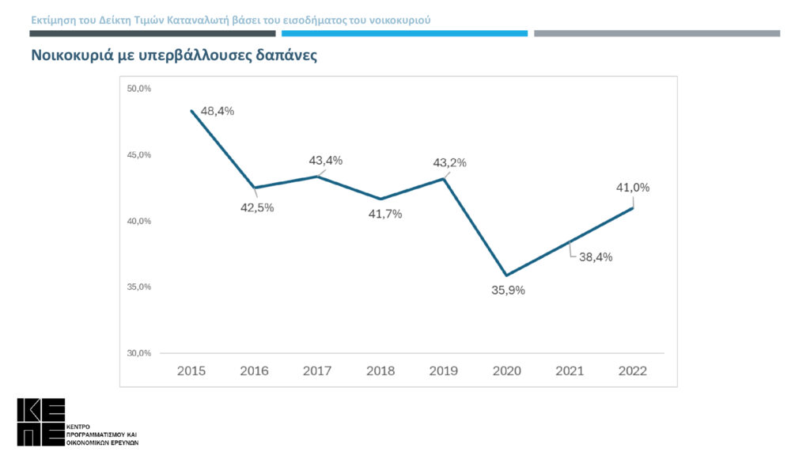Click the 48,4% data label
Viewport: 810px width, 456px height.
(x=218, y=112)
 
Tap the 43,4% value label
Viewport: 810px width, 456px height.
(x=326, y=161)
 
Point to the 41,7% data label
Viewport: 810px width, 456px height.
(x=385, y=214)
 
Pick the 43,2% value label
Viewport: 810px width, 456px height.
(x=450, y=163)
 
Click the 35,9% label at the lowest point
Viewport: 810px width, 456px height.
(x=508, y=290)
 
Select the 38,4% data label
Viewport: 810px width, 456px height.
(x=596, y=256)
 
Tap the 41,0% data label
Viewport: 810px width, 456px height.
(x=633, y=188)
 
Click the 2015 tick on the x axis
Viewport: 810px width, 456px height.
(x=191, y=370)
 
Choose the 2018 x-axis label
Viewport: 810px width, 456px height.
(x=380, y=370)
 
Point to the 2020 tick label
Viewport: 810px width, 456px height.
(x=507, y=370)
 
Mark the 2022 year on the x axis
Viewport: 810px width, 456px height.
(x=633, y=370)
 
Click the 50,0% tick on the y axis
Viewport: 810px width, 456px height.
(x=139, y=88)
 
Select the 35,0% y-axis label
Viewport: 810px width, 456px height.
(x=139, y=287)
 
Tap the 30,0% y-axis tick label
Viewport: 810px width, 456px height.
(x=139, y=353)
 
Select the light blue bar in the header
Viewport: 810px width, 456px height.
(x=404, y=33)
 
